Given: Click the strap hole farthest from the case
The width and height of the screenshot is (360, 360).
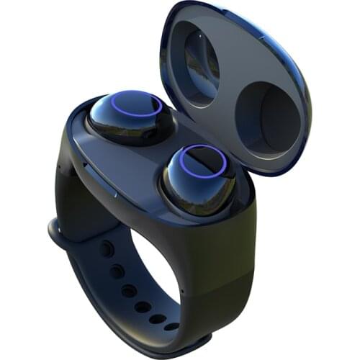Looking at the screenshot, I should point(171,326).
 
